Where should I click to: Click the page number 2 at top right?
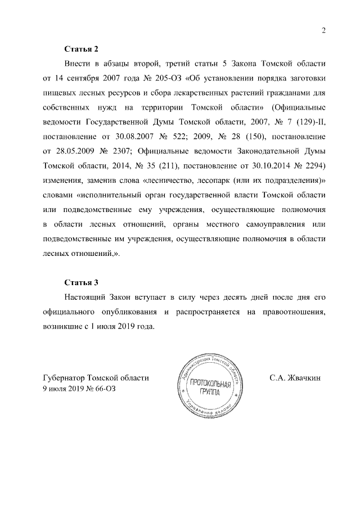(x=323, y=30)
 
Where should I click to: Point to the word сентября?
(x=84, y=76)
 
